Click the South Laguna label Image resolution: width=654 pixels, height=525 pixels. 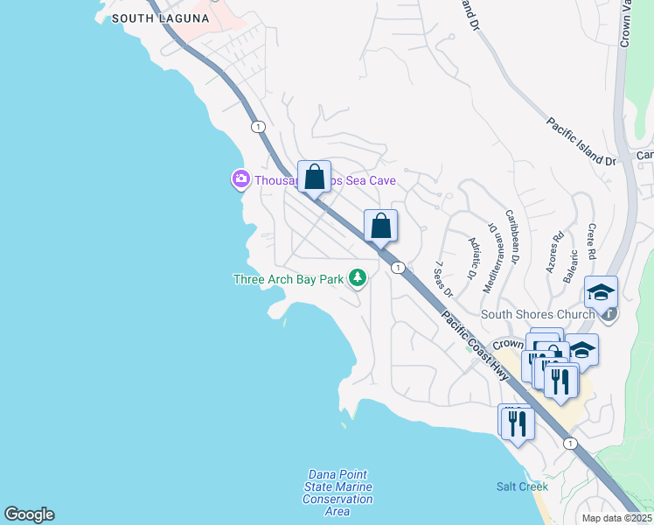(161, 18)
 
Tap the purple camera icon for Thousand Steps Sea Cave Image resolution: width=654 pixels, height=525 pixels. (240, 179)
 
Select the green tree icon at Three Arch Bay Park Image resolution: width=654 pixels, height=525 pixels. (357, 278)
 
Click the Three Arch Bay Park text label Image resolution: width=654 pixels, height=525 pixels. (289, 279)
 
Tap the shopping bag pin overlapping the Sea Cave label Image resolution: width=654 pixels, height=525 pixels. (314, 176)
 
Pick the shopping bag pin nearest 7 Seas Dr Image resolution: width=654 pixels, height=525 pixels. (380, 226)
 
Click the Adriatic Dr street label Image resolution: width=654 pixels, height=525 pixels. (473, 258)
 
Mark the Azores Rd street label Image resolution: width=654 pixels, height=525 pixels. (555, 253)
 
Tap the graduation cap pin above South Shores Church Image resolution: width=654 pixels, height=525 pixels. (601, 292)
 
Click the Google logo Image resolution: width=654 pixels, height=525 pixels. (29, 514)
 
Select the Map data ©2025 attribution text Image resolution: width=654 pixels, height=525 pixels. (616, 518)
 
